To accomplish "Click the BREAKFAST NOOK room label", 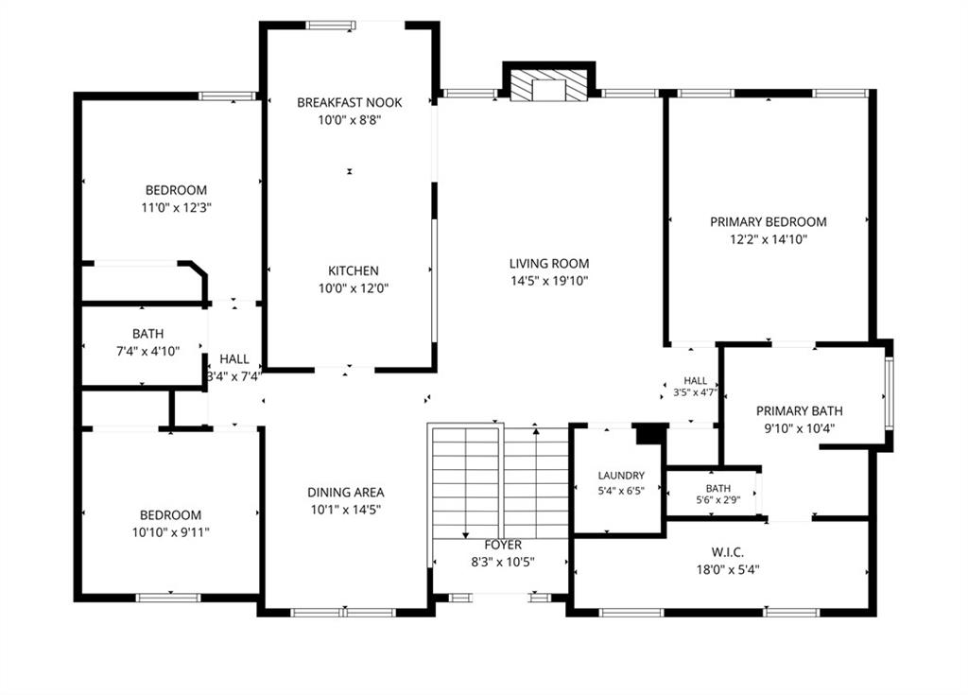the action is pyautogui.click(x=350, y=102).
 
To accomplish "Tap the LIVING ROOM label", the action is pyautogui.click(x=549, y=264).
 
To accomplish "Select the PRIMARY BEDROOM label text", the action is pyautogui.click(x=768, y=222).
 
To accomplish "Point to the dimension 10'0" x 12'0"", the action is pyautogui.click(x=354, y=288).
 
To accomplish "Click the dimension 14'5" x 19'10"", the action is pyautogui.click(x=549, y=281).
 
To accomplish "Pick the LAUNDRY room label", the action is pyautogui.click(x=621, y=476).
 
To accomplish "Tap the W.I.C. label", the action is pyautogui.click(x=727, y=552).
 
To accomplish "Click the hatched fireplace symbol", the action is pyautogui.click(x=548, y=85).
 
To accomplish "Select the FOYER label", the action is pyautogui.click(x=503, y=545).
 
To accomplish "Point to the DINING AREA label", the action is pyautogui.click(x=346, y=493).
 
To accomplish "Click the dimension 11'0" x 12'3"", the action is pyautogui.click(x=177, y=208).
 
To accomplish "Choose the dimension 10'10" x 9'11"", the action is pyautogui.click(x=170, y=532).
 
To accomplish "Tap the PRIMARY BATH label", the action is pyautogui.click(x=800, y=411).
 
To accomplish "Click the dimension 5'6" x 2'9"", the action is pyautogui.click(x=718, y=500).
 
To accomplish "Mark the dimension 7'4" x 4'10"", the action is pyautogui.click(x=148, y=352).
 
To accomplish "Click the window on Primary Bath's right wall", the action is pyautogui.click(x=889, y=393).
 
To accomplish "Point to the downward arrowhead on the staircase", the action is pyautogui.click(x=465, y=535).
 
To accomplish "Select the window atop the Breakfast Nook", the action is pyautogui.click(x=332, y=26).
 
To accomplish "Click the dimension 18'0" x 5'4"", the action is pyautogui.click(x=728, y=569).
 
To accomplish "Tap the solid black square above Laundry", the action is pyautogui.click(x=648, y=434).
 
